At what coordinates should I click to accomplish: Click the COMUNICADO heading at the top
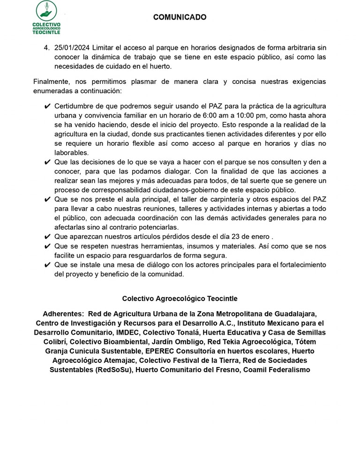[x=180, y=17]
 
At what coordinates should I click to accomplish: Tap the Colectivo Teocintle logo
[x=46, y=17]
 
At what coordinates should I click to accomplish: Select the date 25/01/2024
[x=72, y=48]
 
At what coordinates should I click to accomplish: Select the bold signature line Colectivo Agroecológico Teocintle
[x=180, y=298]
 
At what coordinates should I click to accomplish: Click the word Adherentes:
[x=63, y=314]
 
